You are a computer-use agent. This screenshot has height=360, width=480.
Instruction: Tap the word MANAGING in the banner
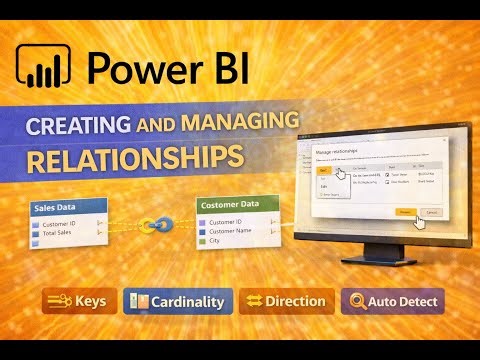[241, 122]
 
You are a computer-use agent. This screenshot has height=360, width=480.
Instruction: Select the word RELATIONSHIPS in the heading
[135, 158]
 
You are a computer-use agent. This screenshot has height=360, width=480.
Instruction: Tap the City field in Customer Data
[216, 241]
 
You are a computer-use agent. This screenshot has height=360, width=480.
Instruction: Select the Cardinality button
[178, 300]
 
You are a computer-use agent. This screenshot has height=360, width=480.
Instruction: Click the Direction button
[286, 300]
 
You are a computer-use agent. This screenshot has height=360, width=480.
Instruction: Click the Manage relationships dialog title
[339, 151]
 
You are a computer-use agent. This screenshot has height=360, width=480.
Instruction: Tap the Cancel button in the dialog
[433, 212]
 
